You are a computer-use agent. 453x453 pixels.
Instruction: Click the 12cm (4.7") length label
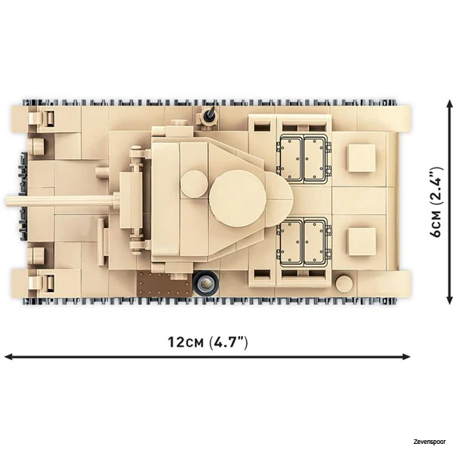coord(208,342)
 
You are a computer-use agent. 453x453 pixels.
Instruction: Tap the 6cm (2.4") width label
coord(436,202)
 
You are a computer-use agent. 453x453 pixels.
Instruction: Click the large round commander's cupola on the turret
coord(238,198)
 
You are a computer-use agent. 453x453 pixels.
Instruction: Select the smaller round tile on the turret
coord(194,184)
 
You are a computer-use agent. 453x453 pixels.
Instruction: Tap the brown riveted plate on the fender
coord(165,284)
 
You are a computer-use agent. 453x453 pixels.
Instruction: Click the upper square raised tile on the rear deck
coord(362,158)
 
